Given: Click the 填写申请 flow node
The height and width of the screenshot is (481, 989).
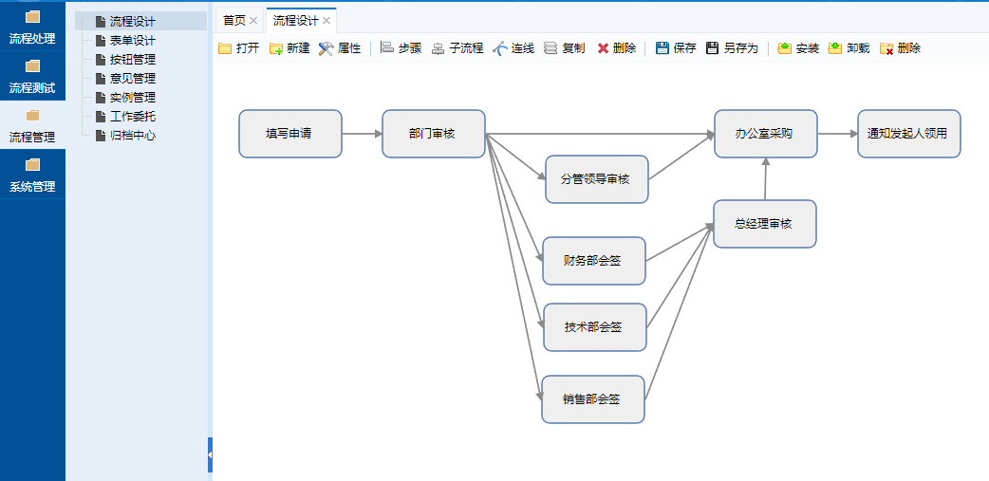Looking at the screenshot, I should tap(289, 134).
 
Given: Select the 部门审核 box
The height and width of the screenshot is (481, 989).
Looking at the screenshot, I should tap(433, 134).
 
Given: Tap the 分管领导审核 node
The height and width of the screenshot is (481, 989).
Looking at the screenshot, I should tap(596, 178).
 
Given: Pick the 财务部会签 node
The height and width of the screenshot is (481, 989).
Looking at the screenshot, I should tap(593, 261).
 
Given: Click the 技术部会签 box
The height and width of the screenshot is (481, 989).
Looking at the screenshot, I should tap(594, 327).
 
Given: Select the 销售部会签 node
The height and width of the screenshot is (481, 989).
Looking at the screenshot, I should tap(592, 399).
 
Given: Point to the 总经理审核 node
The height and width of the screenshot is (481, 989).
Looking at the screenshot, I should tap(764, 224).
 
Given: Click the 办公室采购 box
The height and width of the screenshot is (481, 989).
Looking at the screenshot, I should tap(765, 134).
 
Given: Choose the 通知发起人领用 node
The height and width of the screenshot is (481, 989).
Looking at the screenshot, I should tap(908, 134).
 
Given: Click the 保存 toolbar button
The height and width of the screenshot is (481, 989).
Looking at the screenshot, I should tap(676, 48).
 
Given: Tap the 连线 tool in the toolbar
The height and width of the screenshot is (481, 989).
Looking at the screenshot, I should tap(513, 48).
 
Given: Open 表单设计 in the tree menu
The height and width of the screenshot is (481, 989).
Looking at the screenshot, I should tap(132, 40).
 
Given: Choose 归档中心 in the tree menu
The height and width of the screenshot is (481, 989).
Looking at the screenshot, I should tap(132, 135).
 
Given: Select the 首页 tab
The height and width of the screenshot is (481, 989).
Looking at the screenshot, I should tap(233, 20).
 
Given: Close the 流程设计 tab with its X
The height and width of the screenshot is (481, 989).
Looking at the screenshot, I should tap(327, 20).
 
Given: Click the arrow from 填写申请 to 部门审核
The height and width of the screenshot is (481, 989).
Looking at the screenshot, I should tap(362, 134).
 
